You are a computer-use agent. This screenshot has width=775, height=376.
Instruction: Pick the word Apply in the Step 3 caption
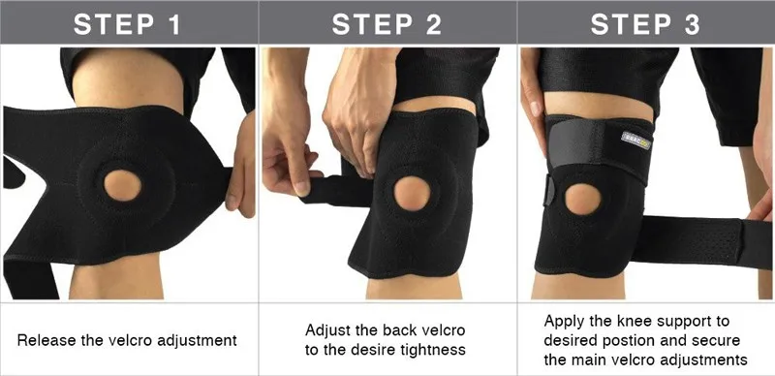point(562,320)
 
